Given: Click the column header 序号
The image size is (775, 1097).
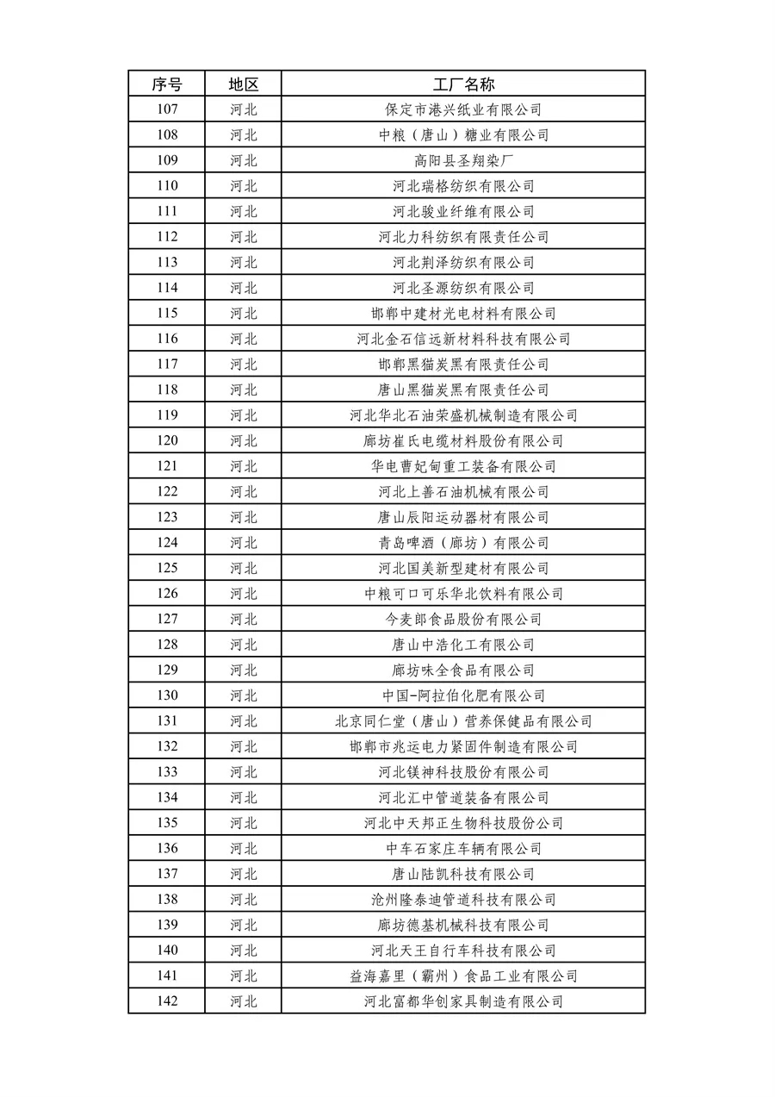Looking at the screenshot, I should pyautogui.click(x=167, y=84).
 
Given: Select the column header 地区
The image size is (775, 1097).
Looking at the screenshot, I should pyautogui.click(x=243, y=84).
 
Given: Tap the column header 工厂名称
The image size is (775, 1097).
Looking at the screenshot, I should pyautogui.click(x=463, y=84).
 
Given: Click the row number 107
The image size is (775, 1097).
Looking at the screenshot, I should pyautogui.click(x=167, y=109).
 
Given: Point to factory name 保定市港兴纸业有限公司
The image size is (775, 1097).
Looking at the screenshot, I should pyautogui.click(x=463, y=109).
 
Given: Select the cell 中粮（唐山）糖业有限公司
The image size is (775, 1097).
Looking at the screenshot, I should pyautogui.click(x=463, y=135).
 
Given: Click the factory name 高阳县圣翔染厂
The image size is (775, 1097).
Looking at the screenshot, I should pyautogui.click(x=463, y=160).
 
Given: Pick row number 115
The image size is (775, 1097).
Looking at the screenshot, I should pyautogui.click(x=167, y=314).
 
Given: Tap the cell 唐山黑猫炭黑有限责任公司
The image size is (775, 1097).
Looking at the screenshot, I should pyautogui.click(x=463, y=390).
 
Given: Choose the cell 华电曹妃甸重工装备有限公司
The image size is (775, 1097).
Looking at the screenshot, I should pyautogui.click(x=463, y=466).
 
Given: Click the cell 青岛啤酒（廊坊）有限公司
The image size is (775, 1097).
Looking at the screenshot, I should pyautogui.click(x=463, y=543).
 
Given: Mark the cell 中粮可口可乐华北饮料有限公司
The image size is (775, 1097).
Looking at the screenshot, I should pyautogui.click(x=463, y=594).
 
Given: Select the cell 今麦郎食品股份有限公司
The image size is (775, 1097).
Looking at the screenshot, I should pyautogui.click(x=463, y=620).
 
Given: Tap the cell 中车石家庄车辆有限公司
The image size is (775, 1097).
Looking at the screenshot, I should pyautogui.click(x=463, y=849).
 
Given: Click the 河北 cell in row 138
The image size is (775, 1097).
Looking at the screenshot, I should pyautogui.click(x=243, y=900).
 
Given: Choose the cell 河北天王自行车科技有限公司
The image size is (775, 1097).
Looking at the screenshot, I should pyautogui.click(x=463, y=951).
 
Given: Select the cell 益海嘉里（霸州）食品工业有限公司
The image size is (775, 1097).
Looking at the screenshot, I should pyautogui.click(x=463, y=976).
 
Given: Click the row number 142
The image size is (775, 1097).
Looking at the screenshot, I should pyautogui.click(x=167, y=1001).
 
